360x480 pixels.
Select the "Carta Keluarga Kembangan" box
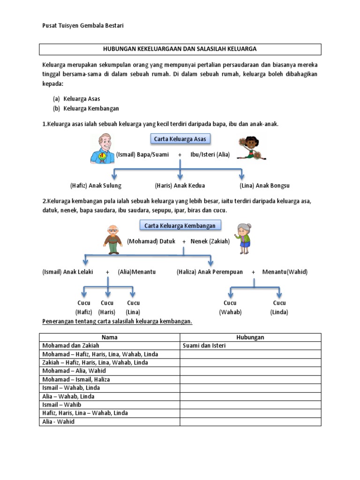[180, 225]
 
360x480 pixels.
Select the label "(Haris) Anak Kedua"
[180, 185]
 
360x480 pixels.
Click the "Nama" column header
[110, 337]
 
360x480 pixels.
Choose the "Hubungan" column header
[250, 337]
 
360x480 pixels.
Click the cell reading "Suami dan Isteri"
[204, 345]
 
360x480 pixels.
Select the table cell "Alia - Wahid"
[58, 421]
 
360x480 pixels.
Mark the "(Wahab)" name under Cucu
[230, 312]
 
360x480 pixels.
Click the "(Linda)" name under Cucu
[279, 312]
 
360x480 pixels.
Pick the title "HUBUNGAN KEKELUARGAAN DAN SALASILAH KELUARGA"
[180, 49]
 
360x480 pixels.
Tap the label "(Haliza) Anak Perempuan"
[210, 272]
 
